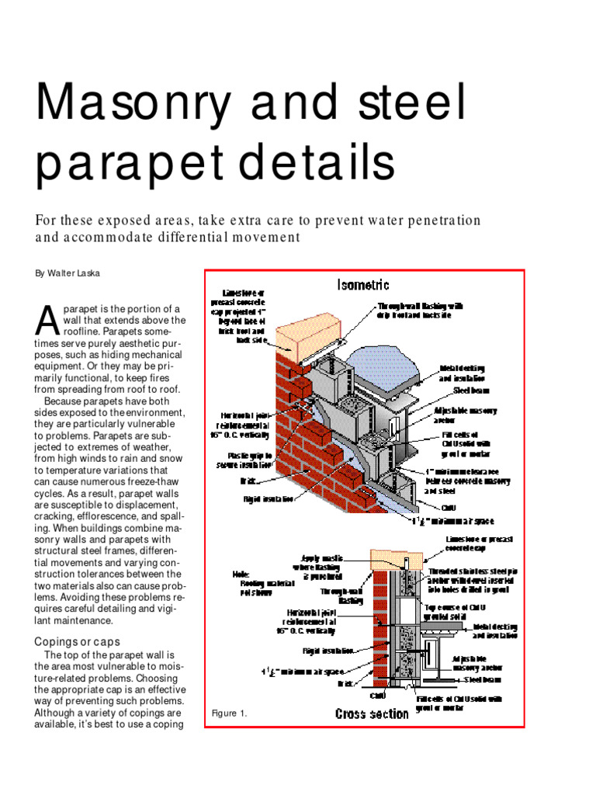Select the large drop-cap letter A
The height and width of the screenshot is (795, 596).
47,318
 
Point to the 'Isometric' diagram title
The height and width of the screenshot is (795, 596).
363,285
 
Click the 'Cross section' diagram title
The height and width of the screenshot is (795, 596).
372,713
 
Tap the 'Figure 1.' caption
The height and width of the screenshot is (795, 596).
229,713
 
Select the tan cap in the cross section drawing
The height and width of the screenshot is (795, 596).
397,557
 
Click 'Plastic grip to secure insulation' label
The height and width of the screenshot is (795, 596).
244,460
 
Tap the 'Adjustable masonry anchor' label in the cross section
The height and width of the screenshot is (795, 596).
476,662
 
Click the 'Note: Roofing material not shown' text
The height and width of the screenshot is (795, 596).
254,583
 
